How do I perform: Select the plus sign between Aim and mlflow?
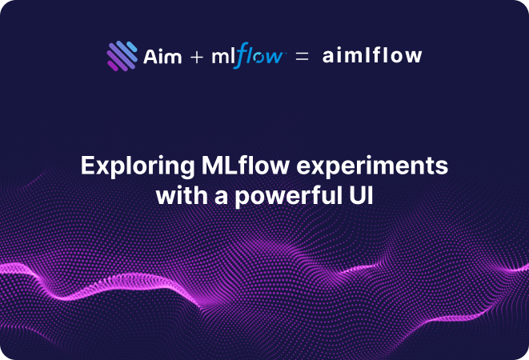pyautogui.click(x=197, y=58)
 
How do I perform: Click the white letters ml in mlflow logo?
pyautogui.click(x=222, y=57)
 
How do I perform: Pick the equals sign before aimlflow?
pyautogui.click(x=302, y=58)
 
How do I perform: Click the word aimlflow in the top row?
pyautogui.click(x=372, y=56)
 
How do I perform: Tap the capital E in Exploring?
pyautogui.click(x=87, y=167)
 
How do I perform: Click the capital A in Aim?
pyautogui.click(x=149, y=57)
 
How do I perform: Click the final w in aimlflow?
pyautogui.click(x=415, y=57)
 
